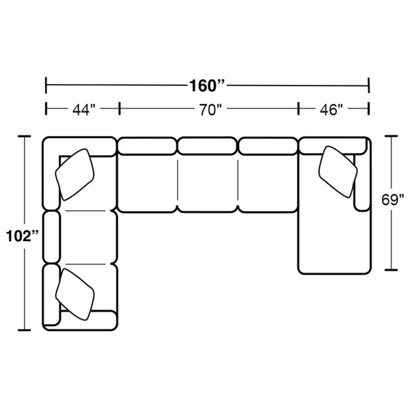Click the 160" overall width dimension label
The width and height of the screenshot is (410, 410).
click(207, 85)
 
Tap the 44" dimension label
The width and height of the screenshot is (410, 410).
click(83, 109)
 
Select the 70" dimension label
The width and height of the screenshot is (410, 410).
click(210, 109)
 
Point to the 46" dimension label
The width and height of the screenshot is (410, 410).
click(331, 109)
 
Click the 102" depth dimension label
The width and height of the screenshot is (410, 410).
click(23, 236)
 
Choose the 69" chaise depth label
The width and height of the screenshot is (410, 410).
click(392, 200)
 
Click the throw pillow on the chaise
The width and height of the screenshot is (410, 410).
click(338, 172)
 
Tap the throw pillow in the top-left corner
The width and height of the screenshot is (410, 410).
click(74, 174)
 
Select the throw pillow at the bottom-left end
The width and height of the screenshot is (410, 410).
click(74, 295)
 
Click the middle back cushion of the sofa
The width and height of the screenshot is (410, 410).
click(207, 146)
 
